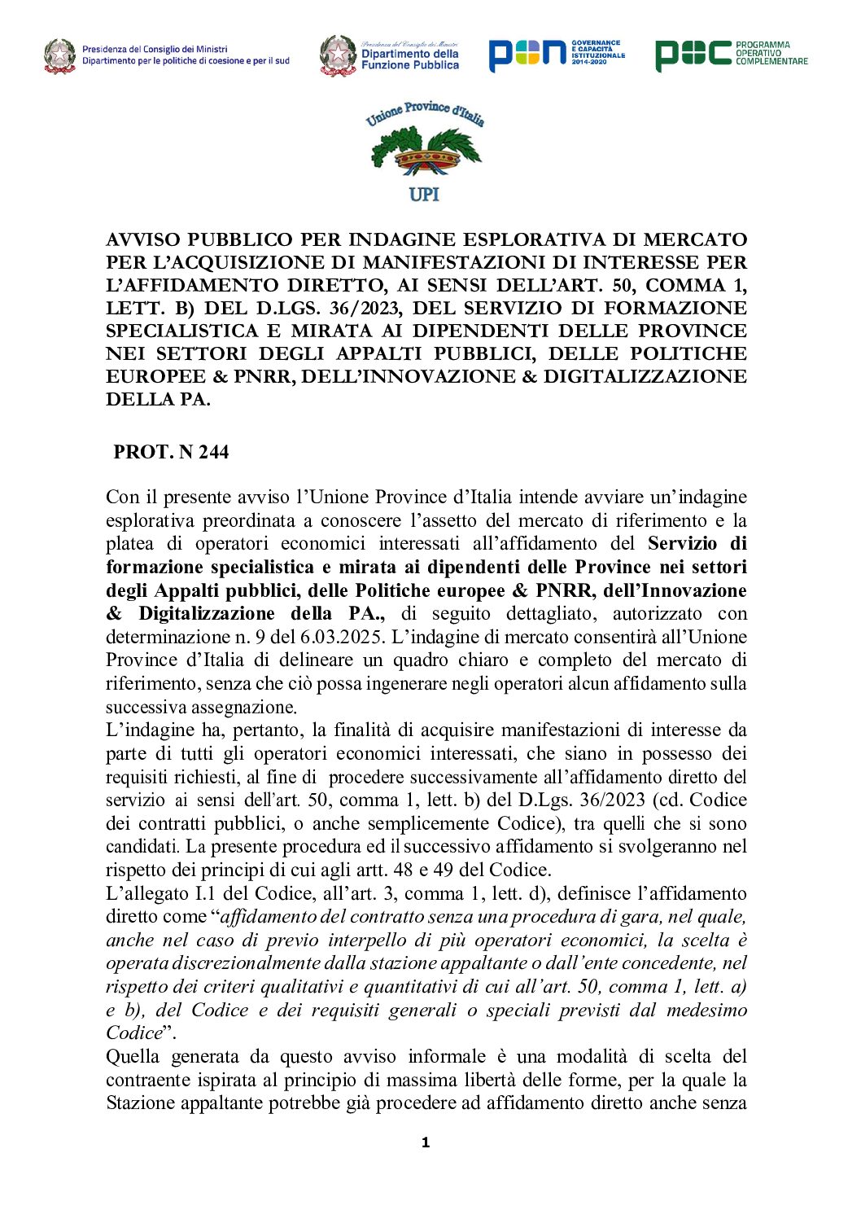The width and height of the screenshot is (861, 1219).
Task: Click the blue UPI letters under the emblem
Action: point(424,194)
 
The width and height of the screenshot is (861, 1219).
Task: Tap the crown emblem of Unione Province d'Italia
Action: point(426,155)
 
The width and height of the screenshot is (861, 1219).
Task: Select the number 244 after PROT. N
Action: point(213,452)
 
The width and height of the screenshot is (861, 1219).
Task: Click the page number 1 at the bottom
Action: point(425,1143)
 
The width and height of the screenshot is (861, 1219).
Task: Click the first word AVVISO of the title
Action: point(143,239)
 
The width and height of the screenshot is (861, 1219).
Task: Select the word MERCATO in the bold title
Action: point(695,239)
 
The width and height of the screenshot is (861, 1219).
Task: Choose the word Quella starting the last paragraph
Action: point(133,1057)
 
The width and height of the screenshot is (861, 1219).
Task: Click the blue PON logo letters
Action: point(527,55)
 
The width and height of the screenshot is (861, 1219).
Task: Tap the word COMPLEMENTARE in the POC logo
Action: point(772,61)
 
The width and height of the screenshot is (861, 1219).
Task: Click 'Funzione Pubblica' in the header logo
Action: point(410,65)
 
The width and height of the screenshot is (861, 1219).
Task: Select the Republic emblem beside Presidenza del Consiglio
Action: point(60,56)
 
